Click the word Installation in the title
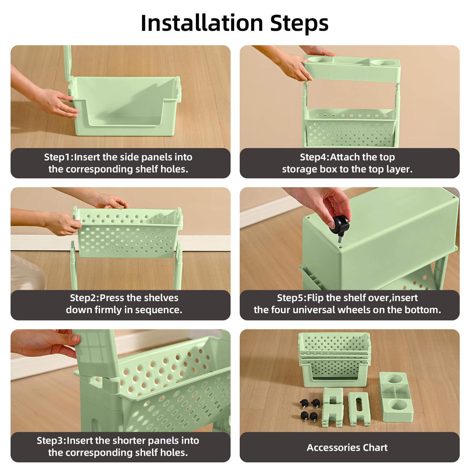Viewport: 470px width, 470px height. pos(202,23)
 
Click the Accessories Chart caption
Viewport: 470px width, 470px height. pos(347,447)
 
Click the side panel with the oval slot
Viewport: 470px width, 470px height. pos(358,408)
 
